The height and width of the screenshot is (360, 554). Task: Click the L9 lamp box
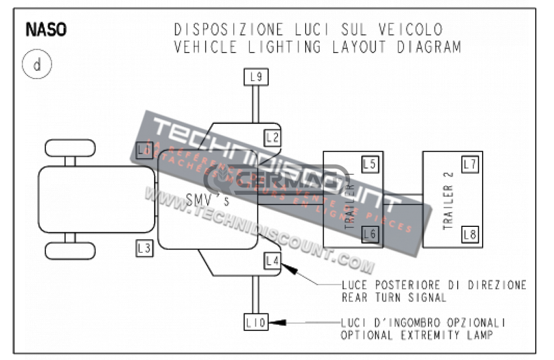tap(256, 77)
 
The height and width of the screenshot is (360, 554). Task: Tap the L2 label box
tap(273, 138)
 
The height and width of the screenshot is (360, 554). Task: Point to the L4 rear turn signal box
tap(273, 261)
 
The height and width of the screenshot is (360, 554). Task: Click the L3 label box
tap(144, 248)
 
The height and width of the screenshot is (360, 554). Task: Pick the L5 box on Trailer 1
tap(370, 165)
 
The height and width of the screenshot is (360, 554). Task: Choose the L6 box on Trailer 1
tap(370, 234)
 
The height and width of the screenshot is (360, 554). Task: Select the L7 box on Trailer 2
tap(470, 165)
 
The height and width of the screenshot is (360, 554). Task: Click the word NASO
tap(46, 30)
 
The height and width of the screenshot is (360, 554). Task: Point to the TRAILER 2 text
tap(448, 207)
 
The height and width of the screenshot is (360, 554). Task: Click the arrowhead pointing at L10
tap(277, 323)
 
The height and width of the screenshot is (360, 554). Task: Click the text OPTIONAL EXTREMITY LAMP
tap(417, 335)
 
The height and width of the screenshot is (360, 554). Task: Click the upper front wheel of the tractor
tap(70, 148)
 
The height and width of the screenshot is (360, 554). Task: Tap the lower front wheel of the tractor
tap(70, 251)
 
